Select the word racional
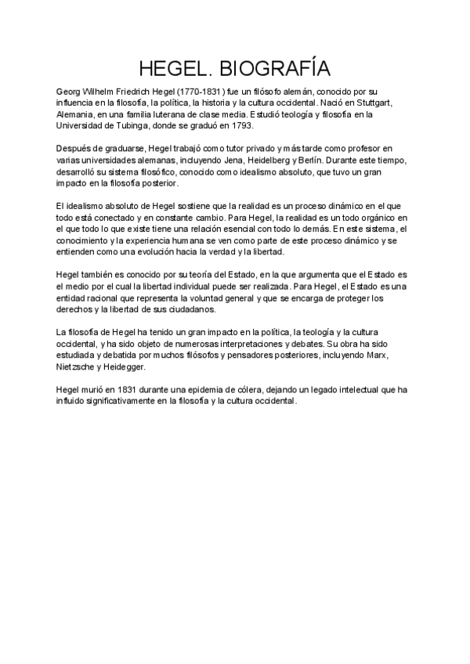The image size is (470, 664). [x=98, y=298]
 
